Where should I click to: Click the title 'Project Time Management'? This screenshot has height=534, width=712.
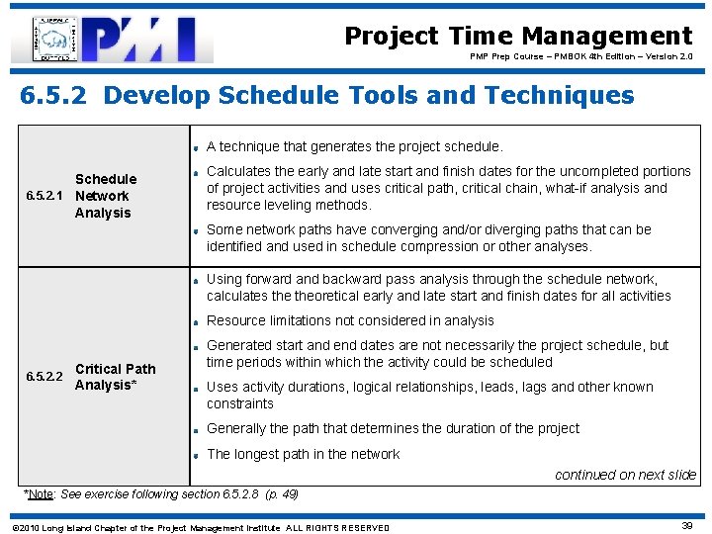[518, 37]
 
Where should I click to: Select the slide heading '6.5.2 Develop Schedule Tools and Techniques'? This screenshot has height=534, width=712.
[327, 95]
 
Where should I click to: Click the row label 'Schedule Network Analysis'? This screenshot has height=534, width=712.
[105, 196]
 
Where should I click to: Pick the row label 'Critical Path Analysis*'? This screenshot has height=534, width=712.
[115, 377]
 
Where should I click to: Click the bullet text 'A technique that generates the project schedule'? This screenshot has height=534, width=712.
[354, 146]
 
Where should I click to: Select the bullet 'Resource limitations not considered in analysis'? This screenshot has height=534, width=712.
[350, 320]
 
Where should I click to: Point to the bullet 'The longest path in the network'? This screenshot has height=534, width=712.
[303, 454]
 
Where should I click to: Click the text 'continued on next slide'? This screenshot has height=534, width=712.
[625, 475]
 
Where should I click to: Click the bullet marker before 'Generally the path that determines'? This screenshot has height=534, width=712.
[197, 430]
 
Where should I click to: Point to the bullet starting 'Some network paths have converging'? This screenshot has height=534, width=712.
[428, 237]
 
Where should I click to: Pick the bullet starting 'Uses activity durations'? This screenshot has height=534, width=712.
[429, 395]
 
